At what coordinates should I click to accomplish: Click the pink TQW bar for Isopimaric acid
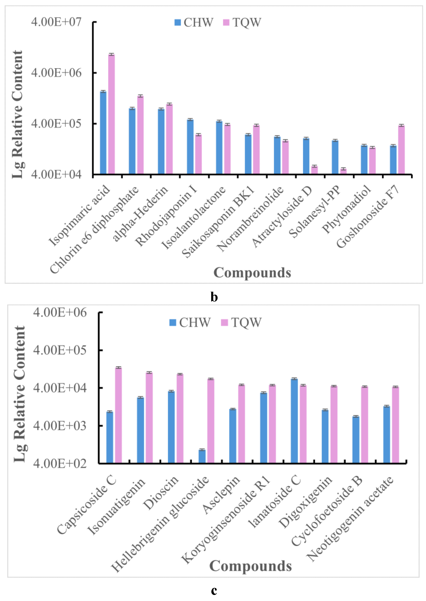[112, 114]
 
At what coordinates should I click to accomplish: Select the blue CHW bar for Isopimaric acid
[103, 132]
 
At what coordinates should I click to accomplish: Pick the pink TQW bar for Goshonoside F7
[401, 149]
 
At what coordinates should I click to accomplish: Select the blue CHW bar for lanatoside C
[294, 421]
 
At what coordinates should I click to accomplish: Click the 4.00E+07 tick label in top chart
[56, 22]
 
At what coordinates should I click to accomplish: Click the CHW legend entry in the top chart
[194, 22]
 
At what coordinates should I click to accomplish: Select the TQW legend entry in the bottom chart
[241, 322]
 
